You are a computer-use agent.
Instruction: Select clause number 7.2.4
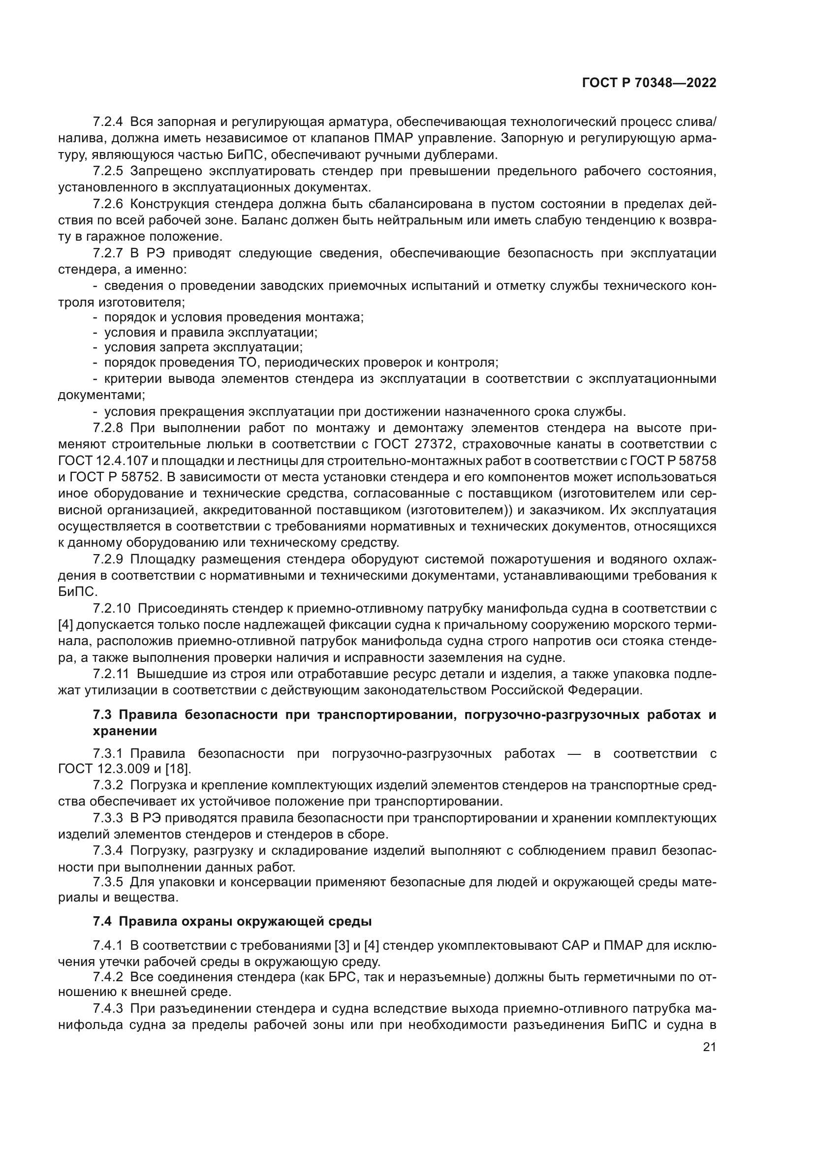click(x=108, y=122)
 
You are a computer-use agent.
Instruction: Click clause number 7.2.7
click(x=108, y=253)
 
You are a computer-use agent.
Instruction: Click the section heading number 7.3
click(x=103, y=715)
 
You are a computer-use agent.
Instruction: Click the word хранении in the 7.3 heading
click(x=125, y=731)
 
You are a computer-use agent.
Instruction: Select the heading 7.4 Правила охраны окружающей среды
click(x=232, y=921)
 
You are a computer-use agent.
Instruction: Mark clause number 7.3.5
click(x=108, y=881)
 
